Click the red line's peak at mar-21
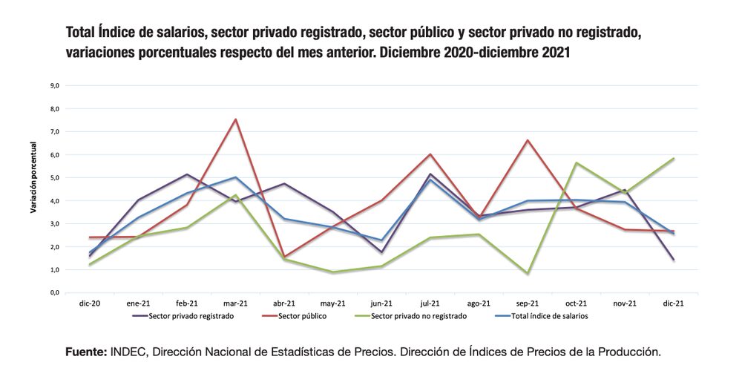(x=235, y=119)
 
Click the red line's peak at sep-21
(x=527, y=140)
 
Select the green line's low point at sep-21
(x=527, y=273)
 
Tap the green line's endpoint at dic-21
(x=673, y=158)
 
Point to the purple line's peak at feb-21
(x=187, y=174)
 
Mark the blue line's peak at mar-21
(x=235, y=177)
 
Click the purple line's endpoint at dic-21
(x=673, y=260)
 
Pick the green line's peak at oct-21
(x=576, y=163)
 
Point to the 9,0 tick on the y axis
(x=55, y=85)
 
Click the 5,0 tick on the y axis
(x=55, y=177)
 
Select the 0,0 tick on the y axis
(x=55, y=292)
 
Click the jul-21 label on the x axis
(x=430, y=303)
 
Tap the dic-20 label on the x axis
(x=90, y=303)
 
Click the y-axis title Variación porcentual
(x=34, y=188)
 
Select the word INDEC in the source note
(x=130, y=352)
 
